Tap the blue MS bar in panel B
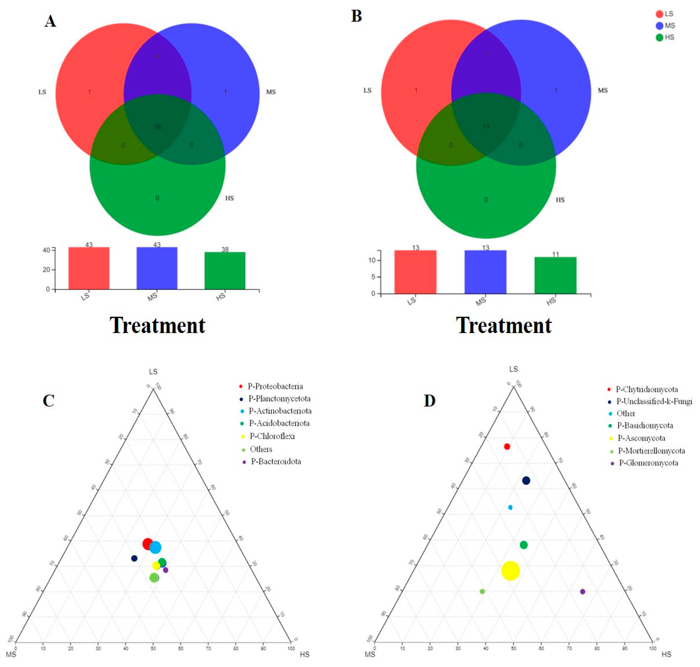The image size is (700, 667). click(485, 272)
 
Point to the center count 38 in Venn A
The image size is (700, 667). click(157, 127)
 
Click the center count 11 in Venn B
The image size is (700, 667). click(486, 127)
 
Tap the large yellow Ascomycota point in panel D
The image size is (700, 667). click(511, 571)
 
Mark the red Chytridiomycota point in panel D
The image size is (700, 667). click(507, 446)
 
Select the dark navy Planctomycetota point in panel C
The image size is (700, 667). click(134, 559)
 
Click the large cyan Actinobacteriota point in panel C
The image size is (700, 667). click(155, 548)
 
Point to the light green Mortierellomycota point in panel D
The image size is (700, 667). click(482, 592)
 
